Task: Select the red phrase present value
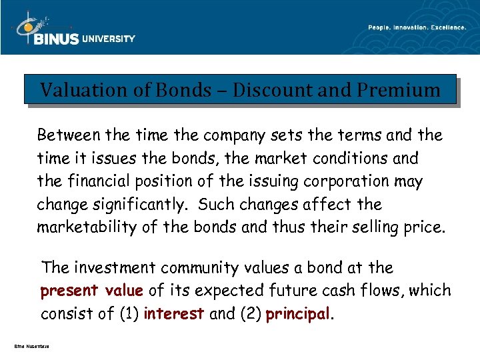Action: (x=92, y=291)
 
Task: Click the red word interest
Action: (x=173, y=314)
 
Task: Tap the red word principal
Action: (x=298, y=314)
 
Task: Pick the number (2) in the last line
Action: (x=246, y=314)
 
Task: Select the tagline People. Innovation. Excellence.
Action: (x=417, y=27)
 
